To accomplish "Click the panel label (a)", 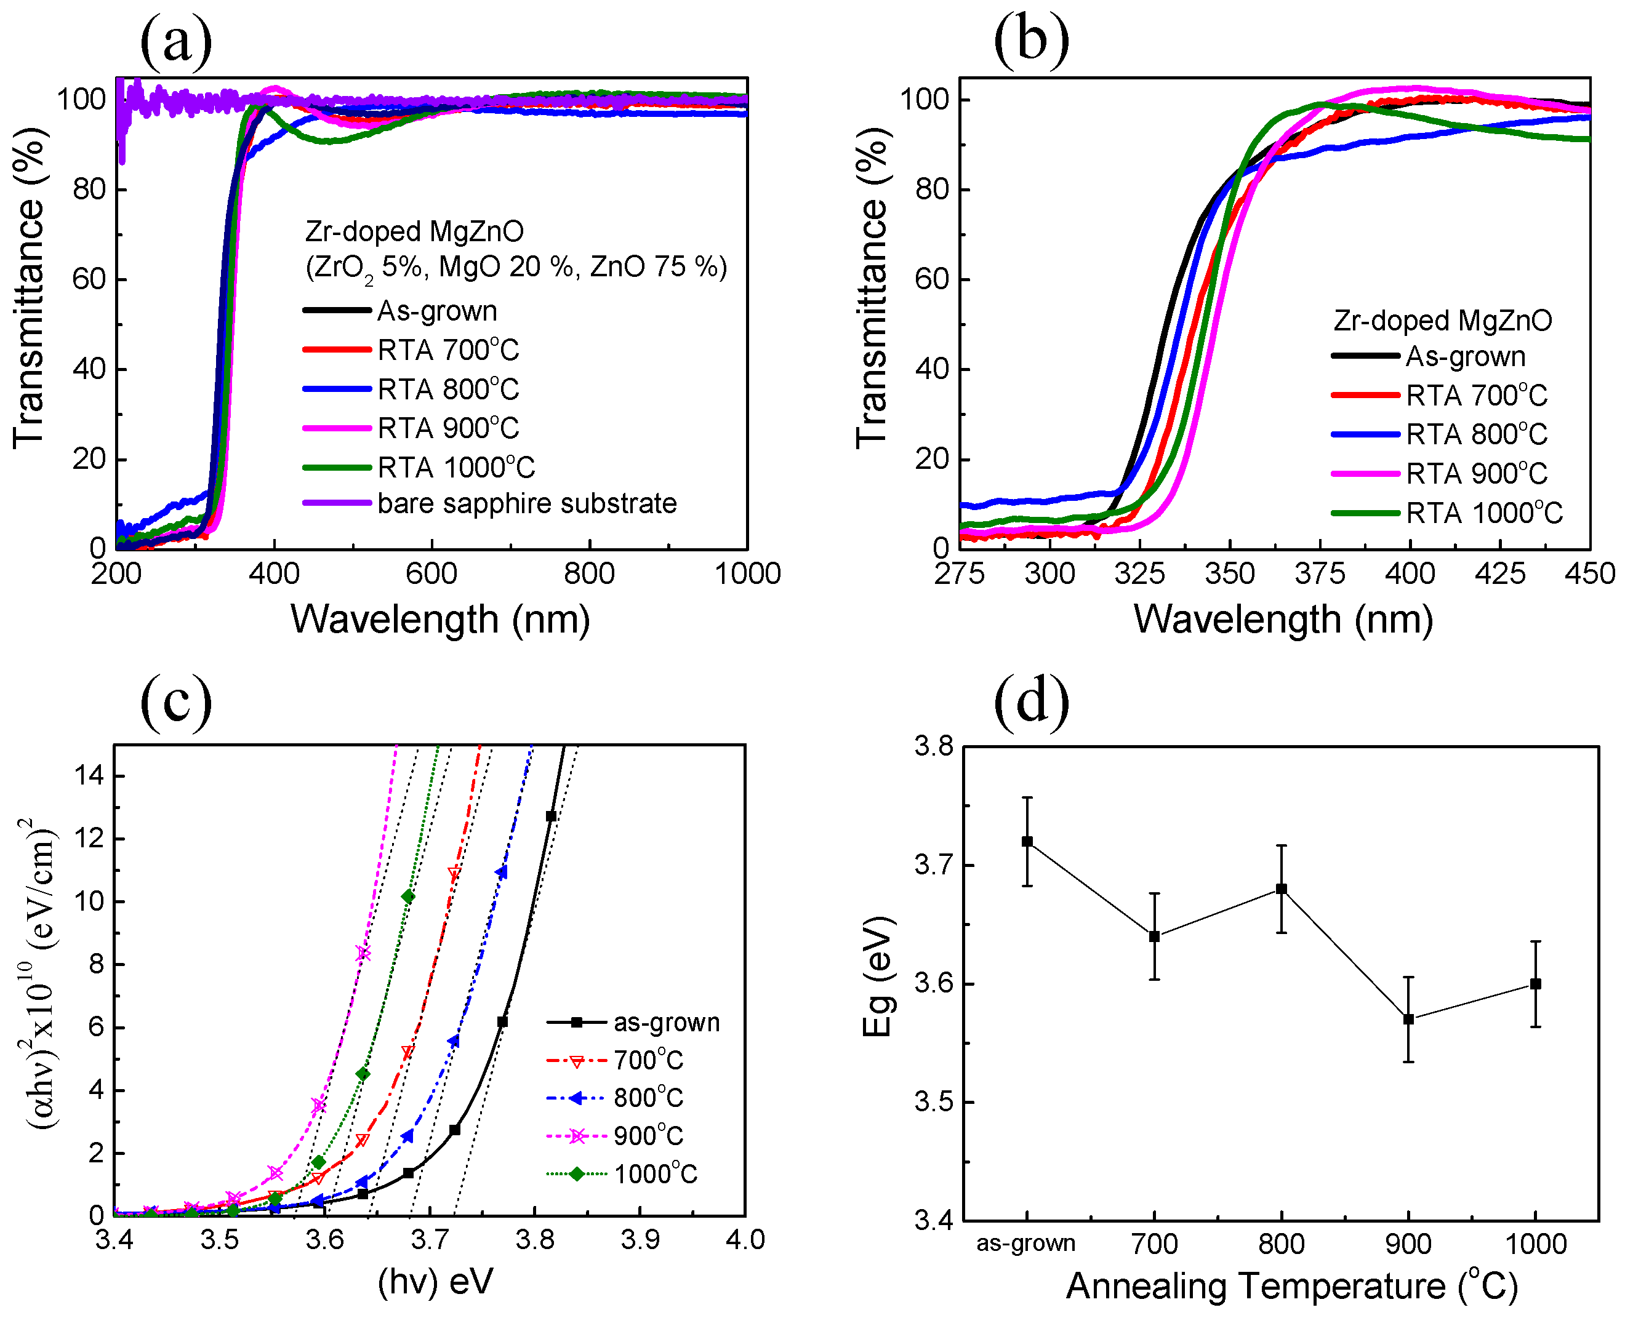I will click(175, 42).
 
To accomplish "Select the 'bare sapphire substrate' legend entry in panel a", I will click(526, 503).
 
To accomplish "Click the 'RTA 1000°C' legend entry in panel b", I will click(1484, 513).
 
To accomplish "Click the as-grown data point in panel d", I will click(1027, 841).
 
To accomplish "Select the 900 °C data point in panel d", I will click(1408, 1020).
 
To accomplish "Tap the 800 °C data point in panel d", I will click(1282, 889).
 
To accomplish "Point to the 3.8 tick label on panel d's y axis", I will click(933, 747).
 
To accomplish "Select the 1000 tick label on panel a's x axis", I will click(747, 574).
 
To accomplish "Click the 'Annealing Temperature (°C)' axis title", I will click(1291, 1286).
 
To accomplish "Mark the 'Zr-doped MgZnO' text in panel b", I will click(1442, 321).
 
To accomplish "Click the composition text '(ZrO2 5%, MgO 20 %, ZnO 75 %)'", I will click(516, 267).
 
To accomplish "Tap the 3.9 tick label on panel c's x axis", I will click(640, 1240).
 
